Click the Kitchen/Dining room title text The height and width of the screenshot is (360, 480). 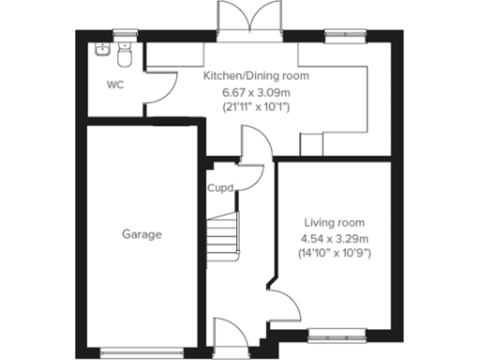[x=256, y=76]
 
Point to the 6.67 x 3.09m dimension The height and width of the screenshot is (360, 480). [x=256, y=92]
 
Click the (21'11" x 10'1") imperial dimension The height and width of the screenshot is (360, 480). [x=256, y=107]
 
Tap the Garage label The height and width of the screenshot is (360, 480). [x=141, y=234]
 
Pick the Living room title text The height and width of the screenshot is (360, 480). [x=333, y=222]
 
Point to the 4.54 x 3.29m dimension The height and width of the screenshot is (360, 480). [x=333, y=238]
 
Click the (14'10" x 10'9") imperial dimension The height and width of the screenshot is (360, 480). [x=333, y=253]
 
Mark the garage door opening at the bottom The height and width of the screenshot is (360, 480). [x=141, y=352]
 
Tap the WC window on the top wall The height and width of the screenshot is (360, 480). [x=123, y=37]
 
